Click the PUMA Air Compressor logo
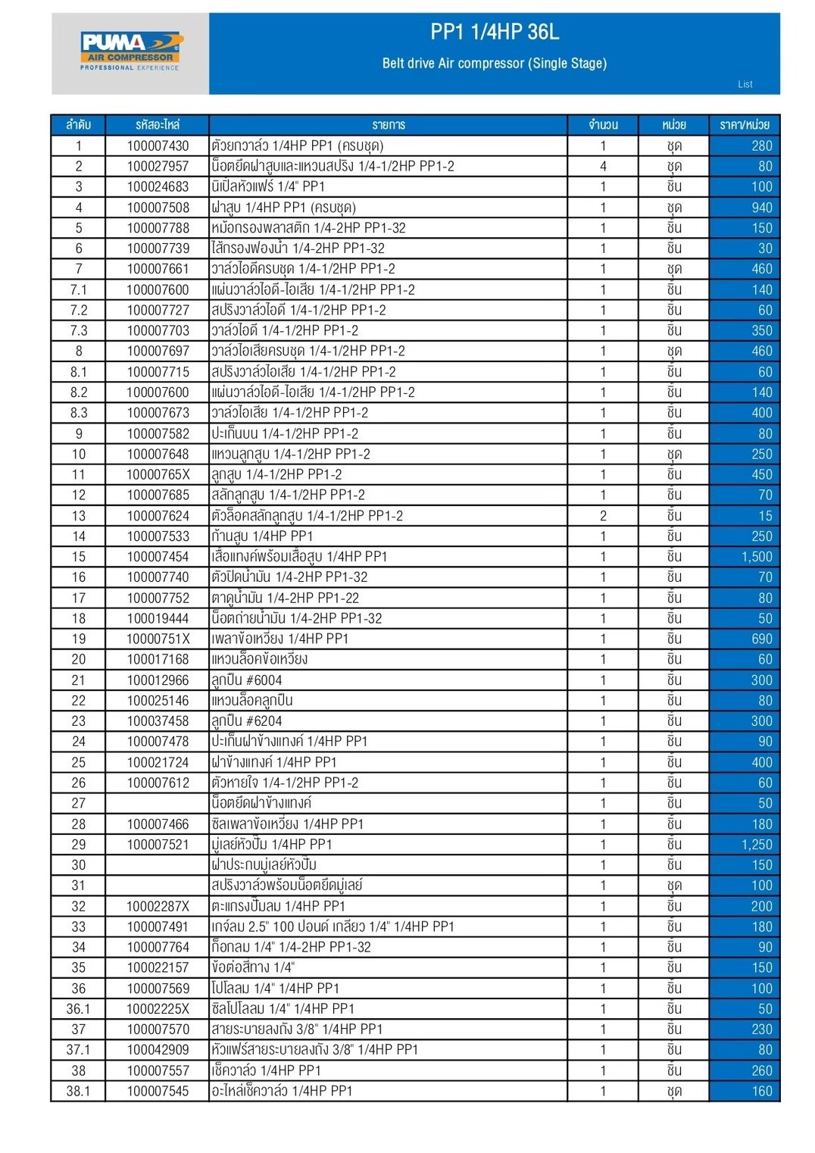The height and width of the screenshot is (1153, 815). tap(131, 51)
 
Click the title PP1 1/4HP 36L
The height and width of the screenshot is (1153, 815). tap(494, 32)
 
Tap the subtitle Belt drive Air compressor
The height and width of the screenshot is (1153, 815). tap(494, 64)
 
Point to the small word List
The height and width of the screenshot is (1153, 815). tap(745, 84)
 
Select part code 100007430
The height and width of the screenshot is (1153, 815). tap(158, 145)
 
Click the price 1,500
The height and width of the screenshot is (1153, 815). tap(757, 557)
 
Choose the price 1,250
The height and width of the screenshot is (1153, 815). tap(757, 845)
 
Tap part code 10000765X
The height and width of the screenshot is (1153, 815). tap(158, 475)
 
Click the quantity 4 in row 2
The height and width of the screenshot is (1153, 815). tap(603, 166)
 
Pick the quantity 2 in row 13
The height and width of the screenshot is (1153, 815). tap(603, 516)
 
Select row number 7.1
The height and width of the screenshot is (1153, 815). tap(78, 289)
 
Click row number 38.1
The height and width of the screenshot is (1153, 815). tap(78, 1091)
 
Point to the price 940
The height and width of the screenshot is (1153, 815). tap(761, 208)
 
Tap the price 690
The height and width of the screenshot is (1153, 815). tap(761, 639)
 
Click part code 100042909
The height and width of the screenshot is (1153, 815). tap(158, 1050)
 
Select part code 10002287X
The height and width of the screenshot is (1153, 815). tap(158, 906)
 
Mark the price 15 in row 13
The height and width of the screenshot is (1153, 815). tap(765, 516)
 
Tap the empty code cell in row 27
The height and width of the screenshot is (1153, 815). tap(158, 803)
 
